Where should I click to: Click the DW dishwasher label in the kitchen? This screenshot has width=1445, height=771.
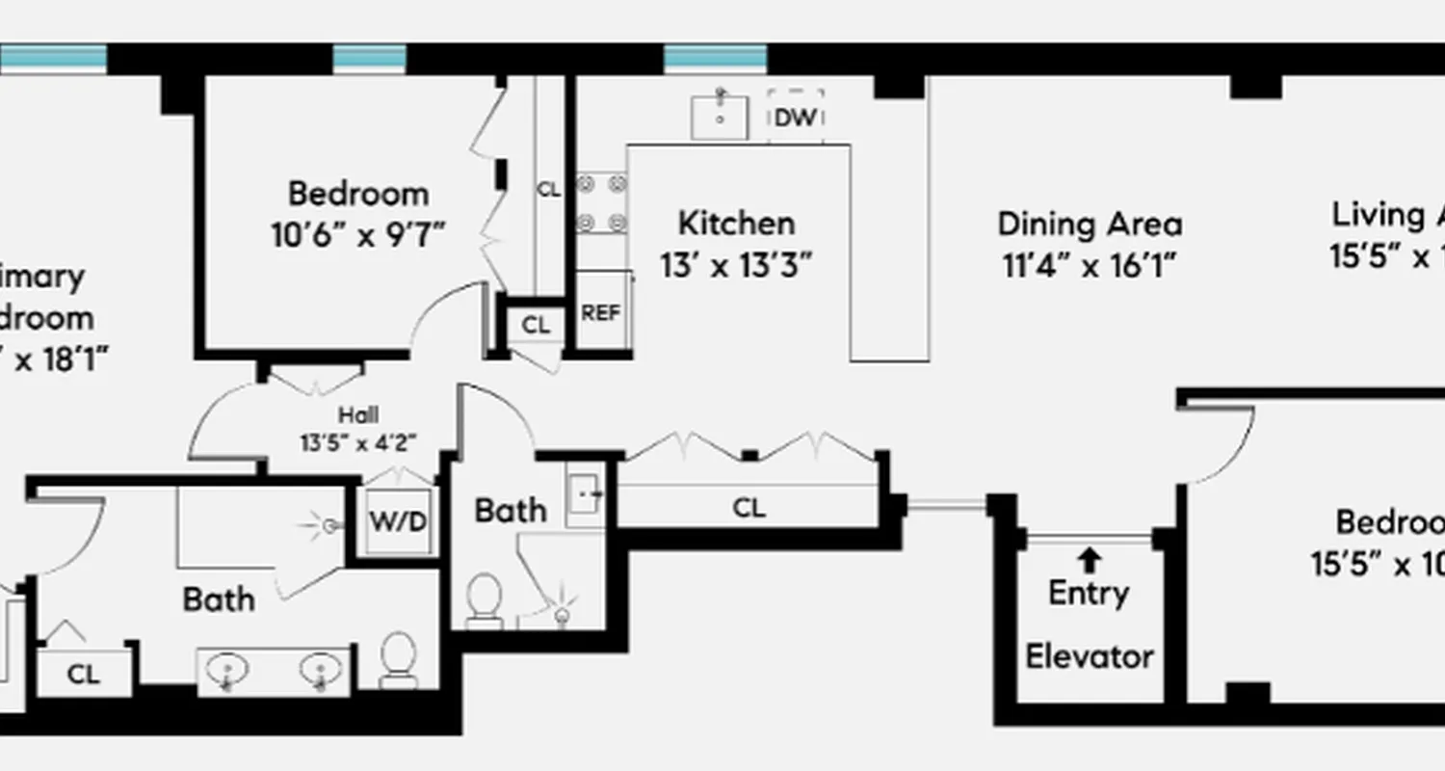click(x=796, y=118)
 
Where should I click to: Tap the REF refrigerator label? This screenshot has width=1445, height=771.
click(x=600, y=313)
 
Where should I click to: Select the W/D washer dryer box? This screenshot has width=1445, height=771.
click(x=398, y=521)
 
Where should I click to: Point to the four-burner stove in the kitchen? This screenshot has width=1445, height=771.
click(x=601, y=203)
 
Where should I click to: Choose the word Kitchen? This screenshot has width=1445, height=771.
click(x=737, y=224)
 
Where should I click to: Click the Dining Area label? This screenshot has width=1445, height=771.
click(x=1090, y=224)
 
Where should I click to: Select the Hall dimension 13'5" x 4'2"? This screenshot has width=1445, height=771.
click(x=357, y=443)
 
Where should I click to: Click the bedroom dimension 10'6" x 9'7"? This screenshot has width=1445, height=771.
click(x=358, y=234)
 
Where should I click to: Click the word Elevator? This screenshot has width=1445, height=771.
click(x=1089, y=657)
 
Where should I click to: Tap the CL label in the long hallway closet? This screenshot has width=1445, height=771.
click(x=749, y=508)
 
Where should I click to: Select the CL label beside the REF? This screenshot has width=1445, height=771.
click(x=536, y=326)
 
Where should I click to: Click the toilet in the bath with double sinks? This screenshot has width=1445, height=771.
click(x=397, y=659)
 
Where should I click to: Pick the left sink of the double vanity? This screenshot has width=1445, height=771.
click(x=229, y=668)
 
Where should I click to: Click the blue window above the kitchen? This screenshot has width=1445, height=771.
click(x=715, y=59)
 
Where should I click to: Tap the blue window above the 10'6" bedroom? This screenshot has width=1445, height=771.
click(x=369, y=59)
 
